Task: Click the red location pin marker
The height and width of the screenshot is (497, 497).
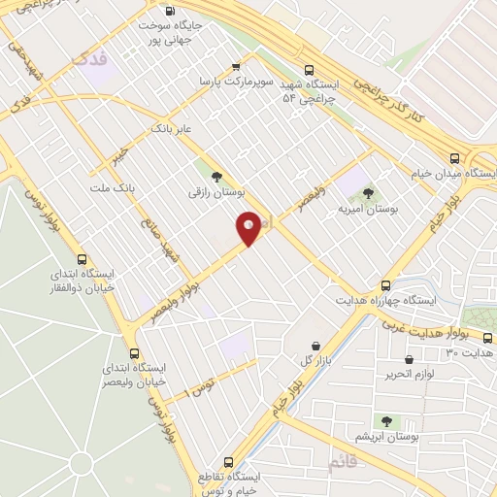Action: pos(248,227)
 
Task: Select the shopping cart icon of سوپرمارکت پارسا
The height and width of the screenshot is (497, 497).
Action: pos(236,67)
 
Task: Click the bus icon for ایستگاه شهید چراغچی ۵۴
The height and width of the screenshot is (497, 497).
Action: pos(310,70)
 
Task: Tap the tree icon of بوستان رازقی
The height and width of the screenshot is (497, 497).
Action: pos(215,176)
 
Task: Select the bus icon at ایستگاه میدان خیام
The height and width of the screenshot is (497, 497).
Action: pos(454,157)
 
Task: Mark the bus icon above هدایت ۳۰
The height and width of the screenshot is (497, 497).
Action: pos(487,338)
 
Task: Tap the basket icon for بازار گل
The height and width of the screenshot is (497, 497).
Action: pos(315,346)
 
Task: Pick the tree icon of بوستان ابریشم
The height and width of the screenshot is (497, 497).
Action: pos(386,420)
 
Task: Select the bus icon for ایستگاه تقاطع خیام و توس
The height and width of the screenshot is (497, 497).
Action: pos(229,462)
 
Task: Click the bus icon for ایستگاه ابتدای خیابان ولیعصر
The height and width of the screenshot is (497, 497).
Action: pos(135,353)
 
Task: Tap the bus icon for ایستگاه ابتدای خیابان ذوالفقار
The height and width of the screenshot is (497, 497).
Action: pos(83,259)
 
